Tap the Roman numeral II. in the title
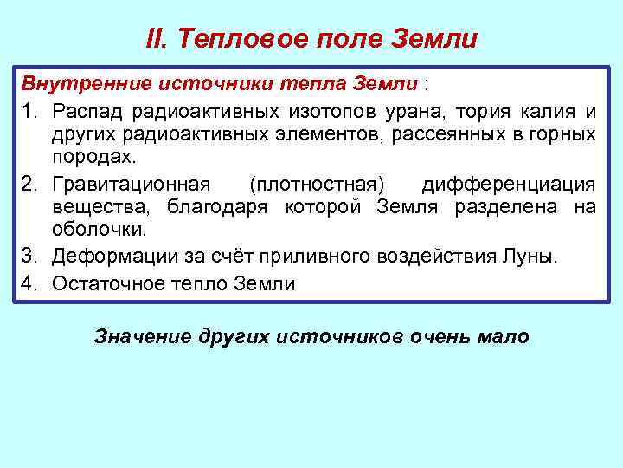click(x=157, y=39)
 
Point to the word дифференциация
click(x=509, y=185)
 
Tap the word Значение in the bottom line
click(x=137, y=337)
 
